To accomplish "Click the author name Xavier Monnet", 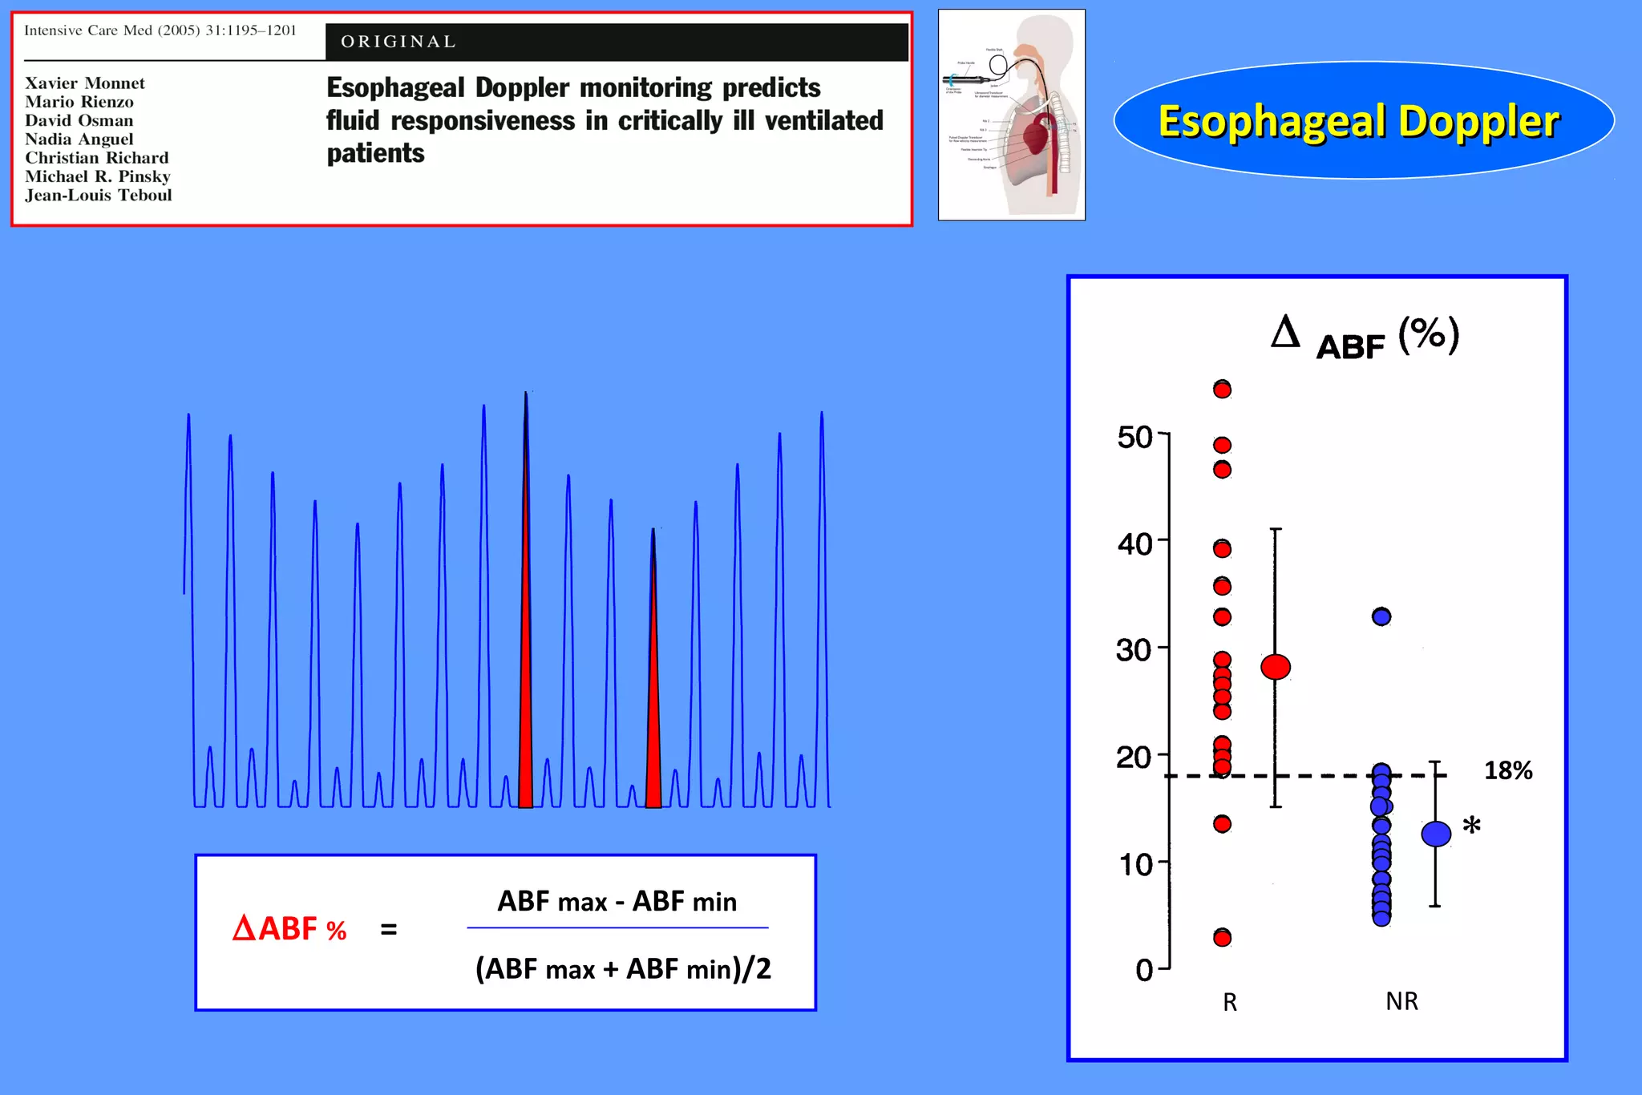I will point(85,83).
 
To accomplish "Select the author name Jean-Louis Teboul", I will point(99,196).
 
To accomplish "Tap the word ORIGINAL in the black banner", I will point(398,42).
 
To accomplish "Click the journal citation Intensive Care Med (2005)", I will point(160,30).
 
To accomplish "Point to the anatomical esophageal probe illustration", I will point(1012,115).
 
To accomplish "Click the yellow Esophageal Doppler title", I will point(1359,122).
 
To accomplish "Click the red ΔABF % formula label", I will point(289,929).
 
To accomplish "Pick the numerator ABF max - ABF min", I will point(617,902).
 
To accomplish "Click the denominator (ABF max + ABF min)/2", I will point(623,969).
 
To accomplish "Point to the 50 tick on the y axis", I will point(1135,438).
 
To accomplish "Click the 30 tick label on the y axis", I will point(1134,650).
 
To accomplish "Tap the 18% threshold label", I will point(1507,771).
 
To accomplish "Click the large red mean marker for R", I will point(1276,667).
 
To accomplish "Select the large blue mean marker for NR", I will point(1436,834).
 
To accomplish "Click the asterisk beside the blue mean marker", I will point(1471,826).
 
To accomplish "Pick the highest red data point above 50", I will point(1222,390).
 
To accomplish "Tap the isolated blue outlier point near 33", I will point(1381,616).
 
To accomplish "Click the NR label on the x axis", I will point(1401,1001).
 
